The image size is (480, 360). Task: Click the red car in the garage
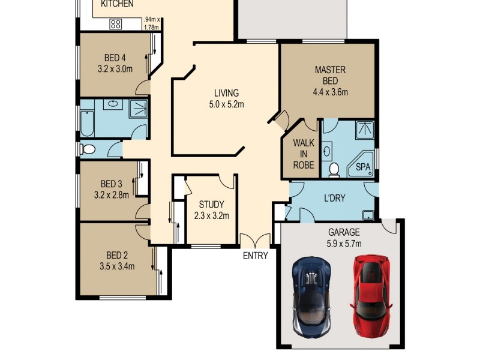tap(371, 296)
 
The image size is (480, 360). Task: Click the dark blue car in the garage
tap(311, 297)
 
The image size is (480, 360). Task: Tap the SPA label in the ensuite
tap(363, 167)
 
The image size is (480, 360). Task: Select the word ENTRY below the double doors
tap(256, 256)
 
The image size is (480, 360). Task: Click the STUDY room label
tap(212, 205)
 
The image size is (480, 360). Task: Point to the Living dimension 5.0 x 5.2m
tap(227, 104)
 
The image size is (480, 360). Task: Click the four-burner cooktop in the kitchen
tap(115, 24)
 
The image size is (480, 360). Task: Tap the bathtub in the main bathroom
tap(87, 124)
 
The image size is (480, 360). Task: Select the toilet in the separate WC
tap(88, 149)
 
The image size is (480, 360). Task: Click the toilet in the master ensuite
tap(334, 170)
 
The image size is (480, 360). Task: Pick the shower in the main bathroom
tap(138, 109)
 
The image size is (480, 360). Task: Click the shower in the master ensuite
tap(365, 130)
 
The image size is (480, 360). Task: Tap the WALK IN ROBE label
tap(304, 154)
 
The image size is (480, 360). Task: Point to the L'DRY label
tap(335, 199)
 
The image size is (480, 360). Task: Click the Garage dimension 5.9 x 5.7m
tap(344, 244)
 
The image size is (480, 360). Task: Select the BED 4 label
tap(115, 58)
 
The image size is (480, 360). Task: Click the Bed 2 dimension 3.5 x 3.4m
tap(117, 266)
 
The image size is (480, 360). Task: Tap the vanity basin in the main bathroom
tap(113, 104)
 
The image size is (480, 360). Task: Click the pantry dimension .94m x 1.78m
tap(152, 23)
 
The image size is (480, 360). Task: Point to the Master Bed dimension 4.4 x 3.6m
tap(331, 92)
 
